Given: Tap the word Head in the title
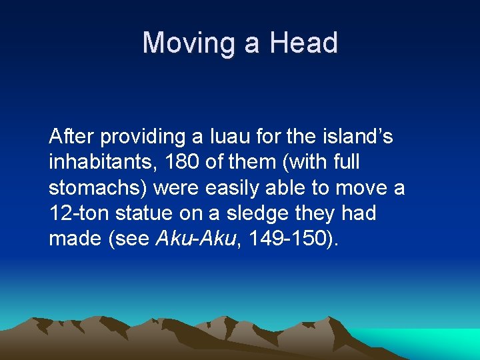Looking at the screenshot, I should tap(303, 43).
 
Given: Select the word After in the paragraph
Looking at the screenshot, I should tap(70, 137).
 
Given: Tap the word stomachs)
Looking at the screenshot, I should tap(98, 188).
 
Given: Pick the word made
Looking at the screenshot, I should tap(72, 239).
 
